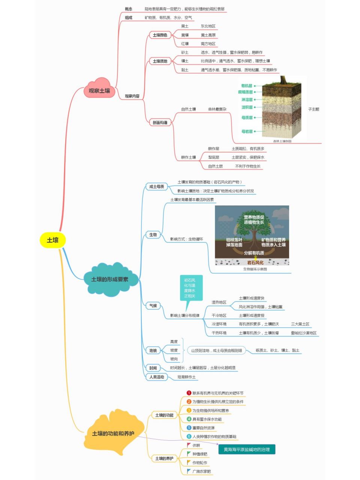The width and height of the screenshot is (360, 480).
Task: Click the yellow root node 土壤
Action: coord(52,240)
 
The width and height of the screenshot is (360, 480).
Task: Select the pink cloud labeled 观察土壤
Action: coord(99,91)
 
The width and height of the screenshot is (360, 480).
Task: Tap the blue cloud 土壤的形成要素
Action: coord(110,279)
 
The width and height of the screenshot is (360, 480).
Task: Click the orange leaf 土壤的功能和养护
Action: coord(113,433)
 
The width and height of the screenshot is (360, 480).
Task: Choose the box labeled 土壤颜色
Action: coord(160,35)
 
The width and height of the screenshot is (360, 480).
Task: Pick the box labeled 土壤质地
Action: coord(160,61)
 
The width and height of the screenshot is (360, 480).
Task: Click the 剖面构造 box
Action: coord(160,123)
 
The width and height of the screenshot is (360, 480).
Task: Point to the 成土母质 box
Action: coord(156,187)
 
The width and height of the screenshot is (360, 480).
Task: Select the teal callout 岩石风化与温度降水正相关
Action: coord(189,288)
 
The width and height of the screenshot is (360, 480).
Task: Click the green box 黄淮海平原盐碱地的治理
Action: coord(247,449)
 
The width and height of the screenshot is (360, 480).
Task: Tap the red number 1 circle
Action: coord(189,393)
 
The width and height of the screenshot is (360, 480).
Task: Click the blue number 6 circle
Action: coord(189,436)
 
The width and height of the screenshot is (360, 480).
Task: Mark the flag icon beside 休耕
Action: coord(189,445)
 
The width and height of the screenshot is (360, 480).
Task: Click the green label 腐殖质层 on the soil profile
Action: coord(245,92)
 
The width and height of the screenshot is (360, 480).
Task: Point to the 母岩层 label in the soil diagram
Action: coord(247,132)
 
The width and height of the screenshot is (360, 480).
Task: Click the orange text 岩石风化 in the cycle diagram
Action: coord(255,262)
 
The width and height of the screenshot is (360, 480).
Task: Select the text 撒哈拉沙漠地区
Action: coord(303,333)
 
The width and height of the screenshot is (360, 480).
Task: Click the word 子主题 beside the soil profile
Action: coord(313,109)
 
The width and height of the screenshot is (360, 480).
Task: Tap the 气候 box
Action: coord(153,306)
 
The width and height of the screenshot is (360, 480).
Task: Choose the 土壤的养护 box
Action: coord(164,459)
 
